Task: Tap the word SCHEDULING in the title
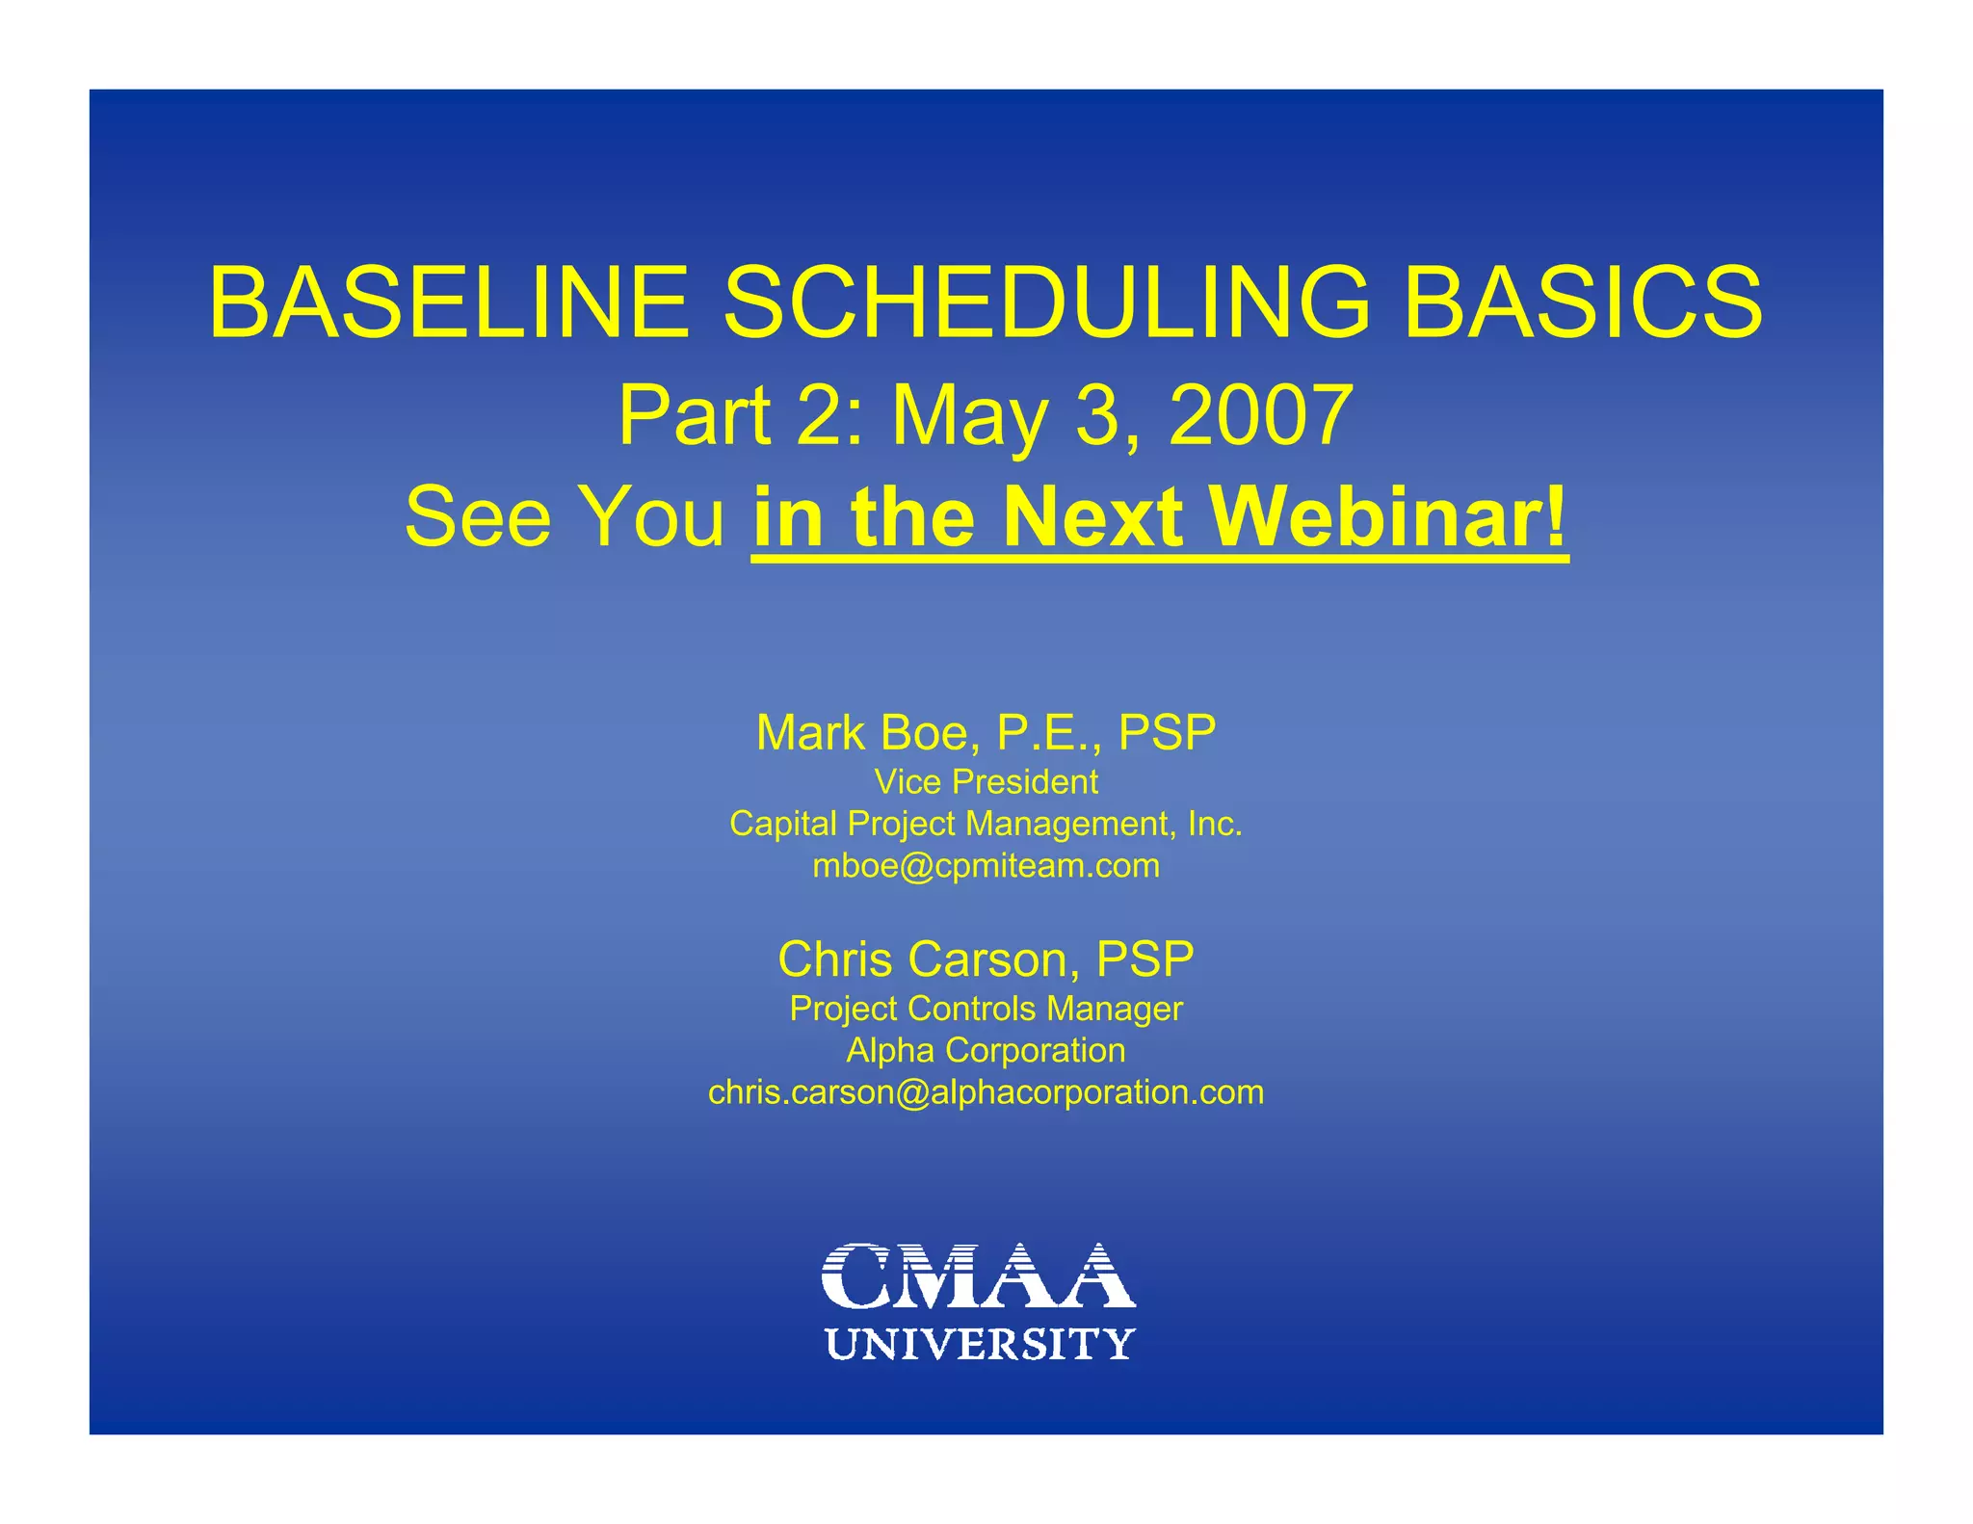1045,303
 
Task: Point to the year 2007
1261,415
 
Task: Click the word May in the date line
968,415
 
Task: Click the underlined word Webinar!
1388,517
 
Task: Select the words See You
565,517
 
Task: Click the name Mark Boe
867,733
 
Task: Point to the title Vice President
986,782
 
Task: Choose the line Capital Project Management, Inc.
986,824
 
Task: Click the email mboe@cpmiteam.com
986,866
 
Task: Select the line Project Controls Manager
986,1009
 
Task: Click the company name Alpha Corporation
986,1050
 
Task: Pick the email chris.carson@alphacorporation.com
986,1092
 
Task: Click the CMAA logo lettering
978,1275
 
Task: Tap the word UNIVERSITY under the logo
980,1344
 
